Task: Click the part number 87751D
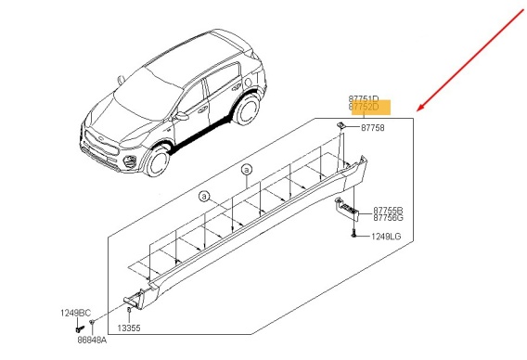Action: pos(364,99)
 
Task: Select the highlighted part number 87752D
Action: pos(364,107)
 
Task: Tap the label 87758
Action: pos(373,128)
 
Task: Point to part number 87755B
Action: pos(388,211)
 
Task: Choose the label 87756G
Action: pos(388,218)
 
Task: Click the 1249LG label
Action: pos(386,237)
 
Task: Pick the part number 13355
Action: pos(129,328)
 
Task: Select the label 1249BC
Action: pos(76,313)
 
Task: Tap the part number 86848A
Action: pos(92,341)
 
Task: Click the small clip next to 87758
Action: pos(341,125)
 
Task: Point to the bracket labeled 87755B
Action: pos(347,209)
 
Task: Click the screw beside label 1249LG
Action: pos(353,233)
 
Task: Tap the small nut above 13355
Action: pos(129,310)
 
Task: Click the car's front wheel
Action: pos(159,161)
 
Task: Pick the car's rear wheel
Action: pos(248,109)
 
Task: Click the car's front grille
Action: pos(100,143)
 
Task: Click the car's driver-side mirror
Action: pos(182,116)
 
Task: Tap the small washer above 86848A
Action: pos(92,322)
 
